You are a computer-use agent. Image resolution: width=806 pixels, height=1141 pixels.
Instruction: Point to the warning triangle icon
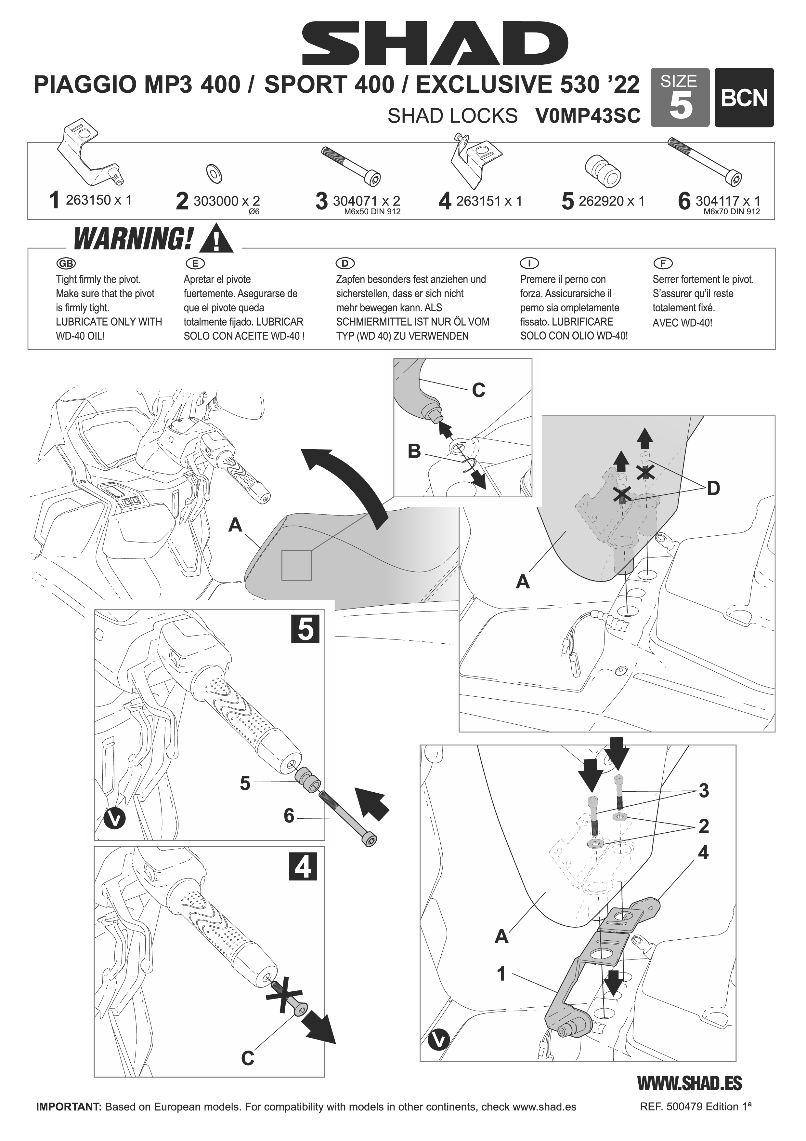pos(215,238)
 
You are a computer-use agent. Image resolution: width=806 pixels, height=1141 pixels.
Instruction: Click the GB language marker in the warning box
pos(67,263)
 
